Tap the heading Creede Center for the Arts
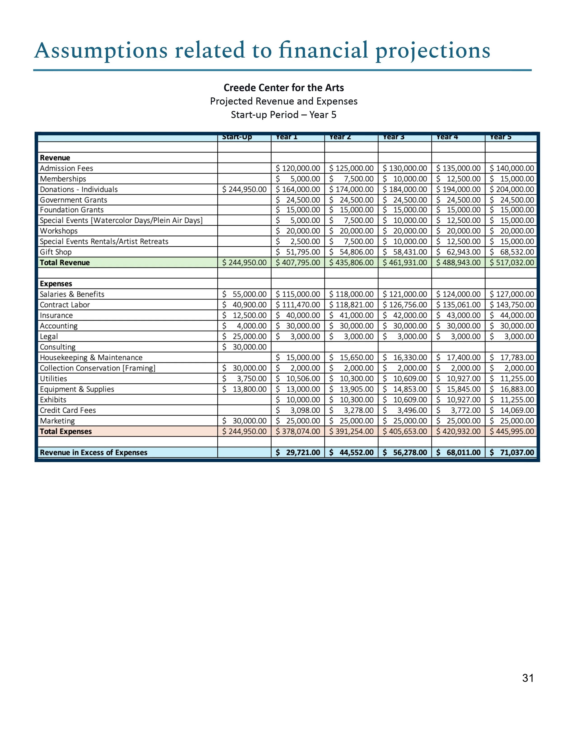point(283,88)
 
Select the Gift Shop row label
point(56,252)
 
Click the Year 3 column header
point(394,137)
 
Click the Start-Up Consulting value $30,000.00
point(244,347)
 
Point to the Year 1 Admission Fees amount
point(298,168)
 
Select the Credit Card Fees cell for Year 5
point(511,410)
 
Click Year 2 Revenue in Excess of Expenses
point(351,453)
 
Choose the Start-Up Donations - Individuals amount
point(244,189)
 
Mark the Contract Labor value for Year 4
point(458,305)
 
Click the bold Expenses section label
point(56,284)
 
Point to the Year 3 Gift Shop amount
point(405,252)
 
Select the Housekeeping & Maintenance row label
point(91,357)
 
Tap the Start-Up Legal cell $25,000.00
point(244,336)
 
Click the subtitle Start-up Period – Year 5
point(283,115)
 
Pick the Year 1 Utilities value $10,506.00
point(298,378)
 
